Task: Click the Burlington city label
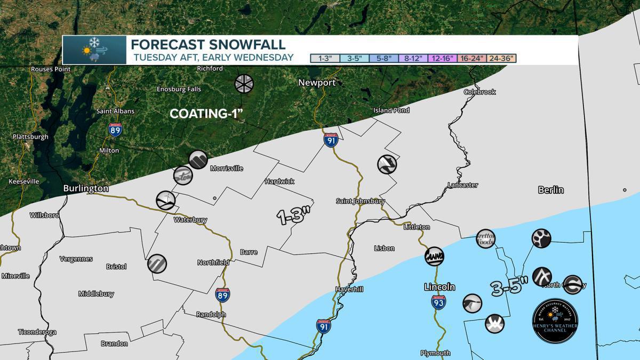coord(85,188)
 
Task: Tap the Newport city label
coord(317,83)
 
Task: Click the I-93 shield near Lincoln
coord(438,302)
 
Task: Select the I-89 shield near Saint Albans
coord(115,129)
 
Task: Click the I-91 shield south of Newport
coord(331,140)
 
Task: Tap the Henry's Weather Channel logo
coord(555,320)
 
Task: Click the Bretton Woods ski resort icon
coord(485,238)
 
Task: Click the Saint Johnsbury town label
coord(360,201)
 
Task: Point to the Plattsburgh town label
coord(30,137)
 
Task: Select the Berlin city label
coord(550,190)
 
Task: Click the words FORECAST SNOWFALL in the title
coord(208,44)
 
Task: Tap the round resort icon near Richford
coord(244,84)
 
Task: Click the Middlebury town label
coord(96,294)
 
